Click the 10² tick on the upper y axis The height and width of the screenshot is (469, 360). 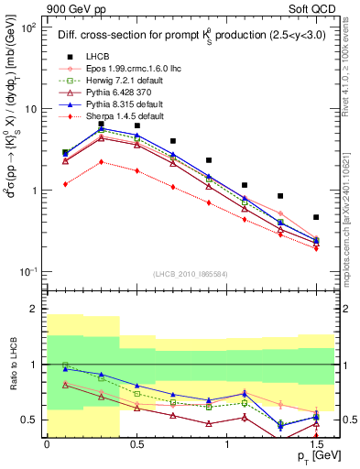coord(30,27)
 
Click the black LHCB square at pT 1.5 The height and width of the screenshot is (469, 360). coord(316,217)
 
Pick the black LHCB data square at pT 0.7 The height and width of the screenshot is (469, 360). coord(172,141)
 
